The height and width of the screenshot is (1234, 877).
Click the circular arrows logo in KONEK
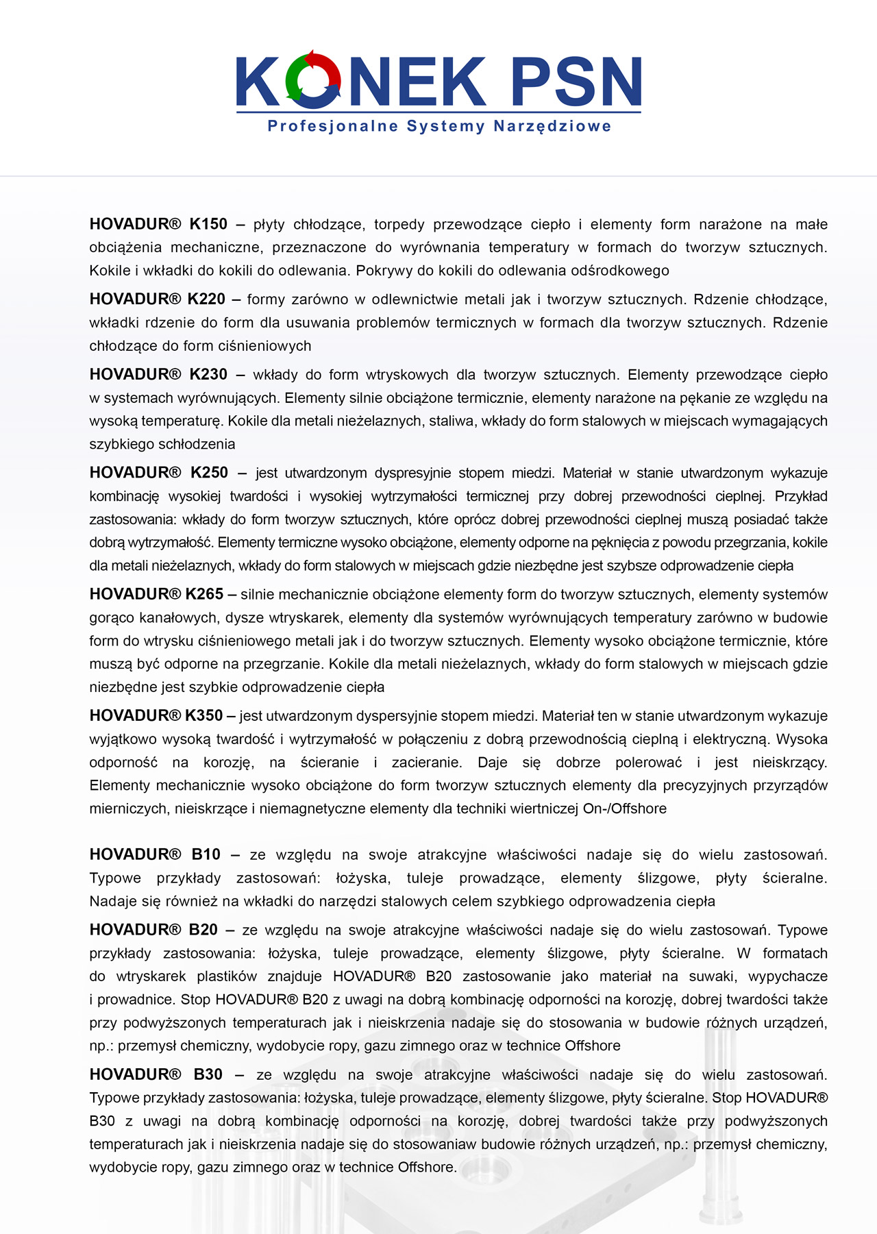(313, 79)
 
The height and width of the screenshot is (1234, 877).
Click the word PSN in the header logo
(576, 82)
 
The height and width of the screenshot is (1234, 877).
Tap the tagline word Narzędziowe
(552, 126)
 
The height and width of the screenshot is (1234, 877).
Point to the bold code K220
(206, 299)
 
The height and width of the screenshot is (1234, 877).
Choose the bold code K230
(208, 375)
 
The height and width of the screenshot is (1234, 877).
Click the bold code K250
(209, 473)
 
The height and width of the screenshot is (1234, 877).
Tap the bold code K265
(204, 595)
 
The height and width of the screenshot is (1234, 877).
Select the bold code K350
(204, 716)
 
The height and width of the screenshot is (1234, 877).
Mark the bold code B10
(206, 854)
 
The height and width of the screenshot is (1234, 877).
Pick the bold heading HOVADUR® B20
(153, 930)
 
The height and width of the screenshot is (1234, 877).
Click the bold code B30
(208, 1074)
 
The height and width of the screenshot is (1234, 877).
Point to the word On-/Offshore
(624, 809)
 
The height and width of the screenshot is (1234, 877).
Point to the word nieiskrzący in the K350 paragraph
(789, 763)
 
